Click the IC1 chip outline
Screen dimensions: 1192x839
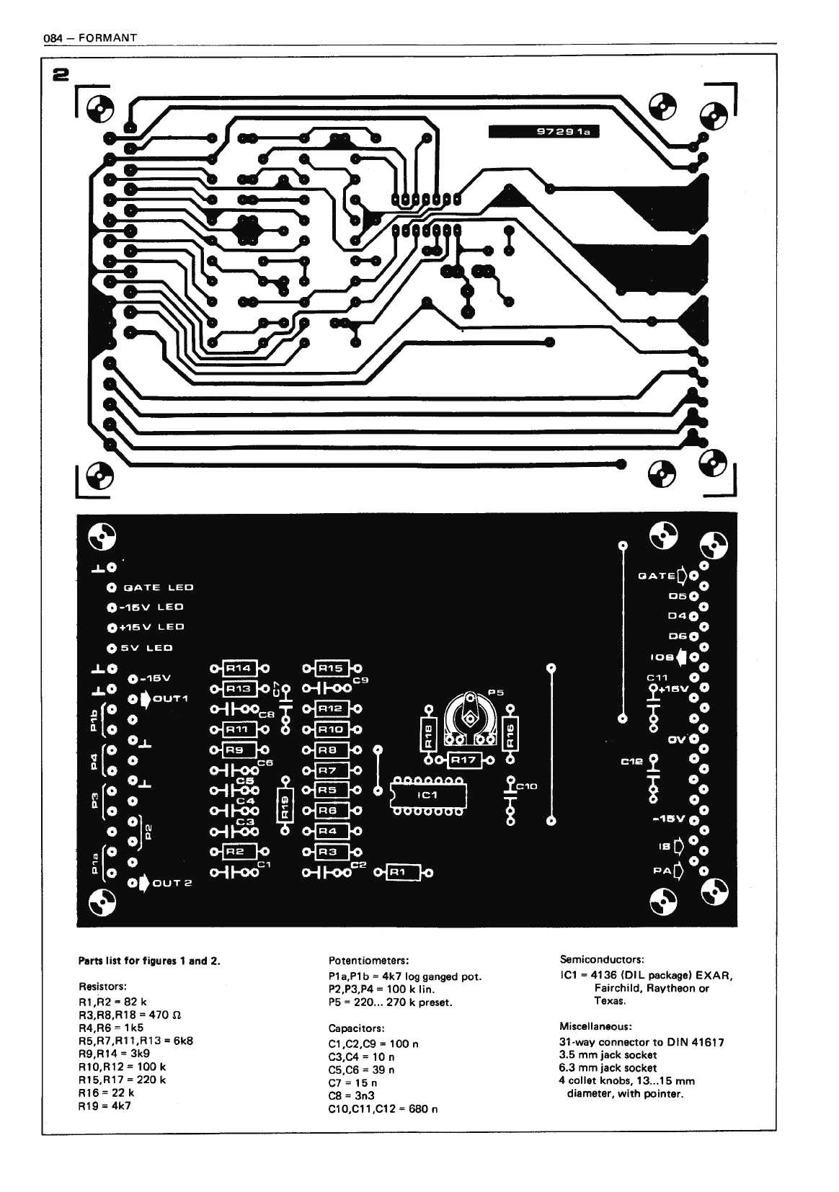428,795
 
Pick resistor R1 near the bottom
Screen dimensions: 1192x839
399,873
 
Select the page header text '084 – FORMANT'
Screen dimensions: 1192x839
90,37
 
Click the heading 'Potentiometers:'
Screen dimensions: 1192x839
368,960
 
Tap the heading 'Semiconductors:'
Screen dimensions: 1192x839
602,959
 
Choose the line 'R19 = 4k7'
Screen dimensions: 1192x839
105,1105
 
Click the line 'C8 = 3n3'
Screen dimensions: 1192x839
353,1095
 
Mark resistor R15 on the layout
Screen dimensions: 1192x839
331,668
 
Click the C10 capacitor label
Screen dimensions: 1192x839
527,786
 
